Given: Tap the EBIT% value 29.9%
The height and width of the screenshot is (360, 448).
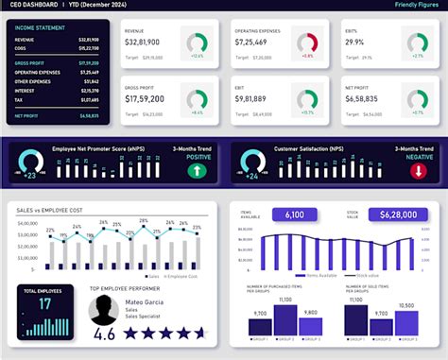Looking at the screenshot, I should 354,44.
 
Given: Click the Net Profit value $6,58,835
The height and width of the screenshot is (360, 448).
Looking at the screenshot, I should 362,98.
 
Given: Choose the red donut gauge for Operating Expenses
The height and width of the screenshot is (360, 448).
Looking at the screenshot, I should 306,44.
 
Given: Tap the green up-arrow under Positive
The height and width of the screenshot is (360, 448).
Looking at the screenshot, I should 196,171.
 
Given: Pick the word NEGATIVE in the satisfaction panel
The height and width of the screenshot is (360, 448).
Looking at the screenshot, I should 420,158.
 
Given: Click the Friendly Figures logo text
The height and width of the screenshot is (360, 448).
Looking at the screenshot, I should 415,6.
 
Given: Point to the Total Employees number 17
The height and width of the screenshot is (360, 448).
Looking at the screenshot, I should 44,305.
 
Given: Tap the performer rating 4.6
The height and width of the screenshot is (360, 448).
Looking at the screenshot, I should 105,334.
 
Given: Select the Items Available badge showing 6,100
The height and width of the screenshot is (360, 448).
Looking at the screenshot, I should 294,214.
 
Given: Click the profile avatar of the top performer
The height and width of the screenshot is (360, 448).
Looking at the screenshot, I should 103,309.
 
